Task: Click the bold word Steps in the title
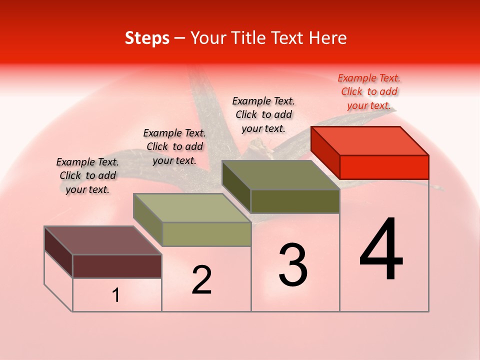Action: click(x=147, y=38)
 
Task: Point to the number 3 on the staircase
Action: click(x=293, y=264)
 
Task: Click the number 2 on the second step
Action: click(x=201, y=280)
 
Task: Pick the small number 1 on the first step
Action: click(x=116, y=295)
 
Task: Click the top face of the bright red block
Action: click(x=370, y=140)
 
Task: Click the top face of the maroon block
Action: click(x=103, y=240)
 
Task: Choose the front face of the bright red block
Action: click(x=384, y=167)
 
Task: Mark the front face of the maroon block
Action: click(x=117, y=266)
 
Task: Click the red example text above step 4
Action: click(x=369, y=91)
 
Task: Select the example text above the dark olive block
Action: click(x=263, y=114)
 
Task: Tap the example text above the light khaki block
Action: click(x=174, y=146)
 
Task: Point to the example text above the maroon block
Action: click(x=87, y=175)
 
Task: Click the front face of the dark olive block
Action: click(x=295, y=201)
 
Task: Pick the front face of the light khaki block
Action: click(x=206, y=234)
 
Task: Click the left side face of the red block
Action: click(x=325, y=152)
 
